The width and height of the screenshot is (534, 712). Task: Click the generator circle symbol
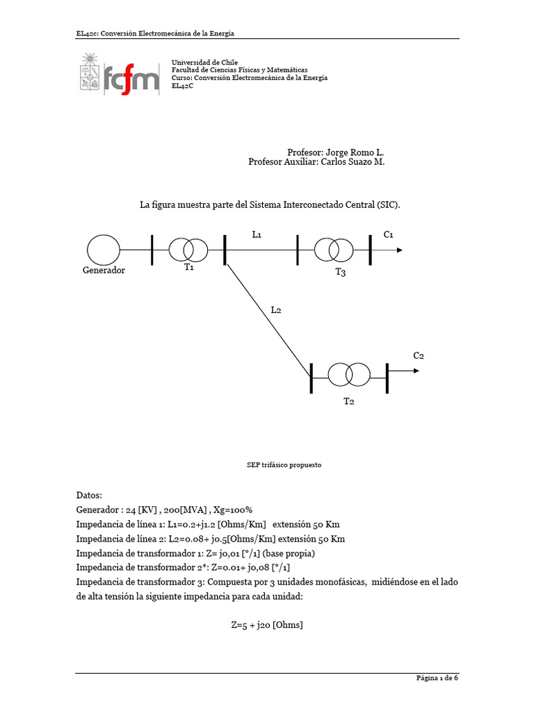tap(103, 249)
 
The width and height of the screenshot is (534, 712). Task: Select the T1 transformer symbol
tap(188, 249)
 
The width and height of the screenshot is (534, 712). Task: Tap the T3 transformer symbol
tap(333, 249)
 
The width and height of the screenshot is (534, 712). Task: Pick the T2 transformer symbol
tap(349, 374)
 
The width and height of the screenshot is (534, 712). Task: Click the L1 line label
tap(257, 235)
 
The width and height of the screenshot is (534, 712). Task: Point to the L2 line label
tap(276, 309)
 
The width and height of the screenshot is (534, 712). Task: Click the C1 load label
tap(389, 234)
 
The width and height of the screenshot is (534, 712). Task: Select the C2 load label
tap(418, 355)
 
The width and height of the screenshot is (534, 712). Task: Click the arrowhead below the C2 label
tap(416, 371)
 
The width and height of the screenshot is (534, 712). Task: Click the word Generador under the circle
tap(104, 270)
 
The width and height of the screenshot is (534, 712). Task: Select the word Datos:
tap(89, 496)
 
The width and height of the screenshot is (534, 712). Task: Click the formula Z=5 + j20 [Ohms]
tap(267, 625)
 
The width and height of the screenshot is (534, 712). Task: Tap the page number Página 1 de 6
tap(437, 679)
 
